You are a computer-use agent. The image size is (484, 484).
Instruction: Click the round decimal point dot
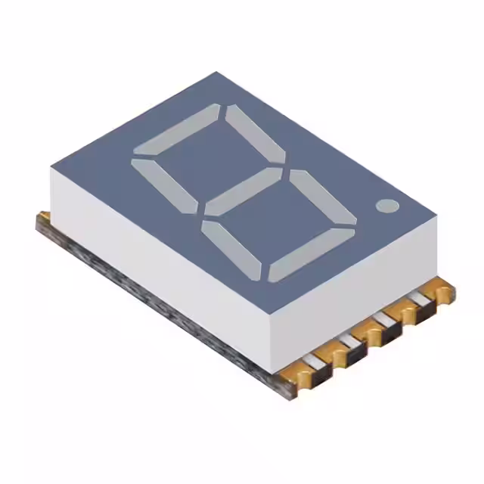[x=386, y=205]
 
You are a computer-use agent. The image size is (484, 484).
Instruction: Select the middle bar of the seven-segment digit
[x=243, y=191]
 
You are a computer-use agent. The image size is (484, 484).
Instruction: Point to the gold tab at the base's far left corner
[x=43, y=219]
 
